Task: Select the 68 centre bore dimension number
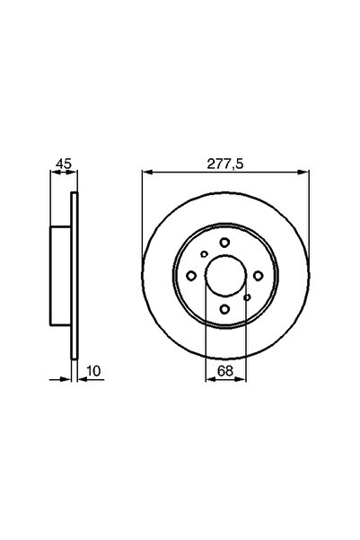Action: point(224,367)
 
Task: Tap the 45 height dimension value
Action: point(61,164)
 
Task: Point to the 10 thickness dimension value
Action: point(92,367)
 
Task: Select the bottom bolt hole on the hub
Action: point(224,310)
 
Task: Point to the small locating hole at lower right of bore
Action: point(246,296)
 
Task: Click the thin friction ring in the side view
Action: point(75,277)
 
